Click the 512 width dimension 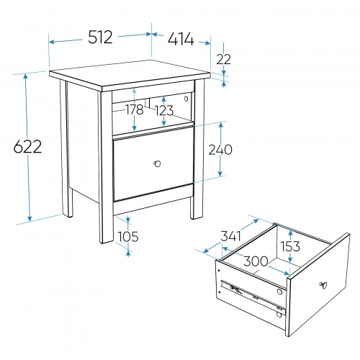(100, 37)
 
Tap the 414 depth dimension (181, 39)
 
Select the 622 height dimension (27, 146)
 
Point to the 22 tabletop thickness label (223, 59)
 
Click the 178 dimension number (135, 110)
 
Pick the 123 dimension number (164, 110)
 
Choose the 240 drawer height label (220, 150)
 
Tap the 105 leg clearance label (128, 236)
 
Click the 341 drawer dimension (230, 236)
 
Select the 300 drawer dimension (256, 261)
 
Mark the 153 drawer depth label (290, 246)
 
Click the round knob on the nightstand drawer (157, 163)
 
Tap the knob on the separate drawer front (323, 285)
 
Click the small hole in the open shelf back (186, 99)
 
